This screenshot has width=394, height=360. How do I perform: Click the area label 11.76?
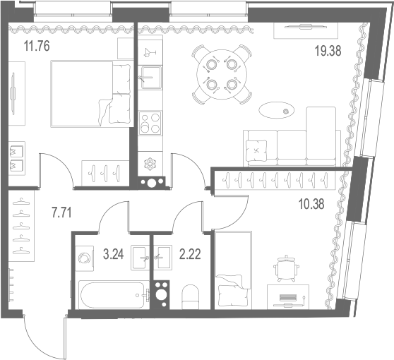(x=37, y=46)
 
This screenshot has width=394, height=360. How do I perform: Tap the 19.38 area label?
(x=328, y=51)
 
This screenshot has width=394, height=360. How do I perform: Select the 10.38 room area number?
(x=311, y=204)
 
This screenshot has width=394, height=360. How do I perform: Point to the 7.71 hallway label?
(x=61, y=212)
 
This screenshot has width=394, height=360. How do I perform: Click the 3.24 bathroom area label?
(x=114, y=254)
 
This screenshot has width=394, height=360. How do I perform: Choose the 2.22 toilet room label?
(x=190, y=254)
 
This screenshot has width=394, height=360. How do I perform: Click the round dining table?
(x=222, y=75)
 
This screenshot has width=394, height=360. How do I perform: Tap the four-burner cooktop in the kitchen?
(x=150, y=123)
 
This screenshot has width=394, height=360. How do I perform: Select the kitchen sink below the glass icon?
(x=150, y=78)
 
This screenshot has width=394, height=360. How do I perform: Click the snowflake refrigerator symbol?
(x=150, y=164)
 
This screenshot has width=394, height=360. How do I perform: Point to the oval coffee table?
(x=277, y=110)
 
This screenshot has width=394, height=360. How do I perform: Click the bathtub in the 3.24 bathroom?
(x=114, y=295)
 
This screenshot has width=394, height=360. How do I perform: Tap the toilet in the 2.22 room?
(x=191, y=296)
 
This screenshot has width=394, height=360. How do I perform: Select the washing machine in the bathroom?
(x=85, y=258)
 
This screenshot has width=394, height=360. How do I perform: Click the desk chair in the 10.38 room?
(x=286, y=268)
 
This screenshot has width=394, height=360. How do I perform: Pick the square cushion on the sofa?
(x=256, y=151)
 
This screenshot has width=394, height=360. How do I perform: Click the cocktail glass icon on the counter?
(x=150, y=52)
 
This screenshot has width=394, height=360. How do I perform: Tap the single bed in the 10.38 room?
(x=234, y=270)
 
